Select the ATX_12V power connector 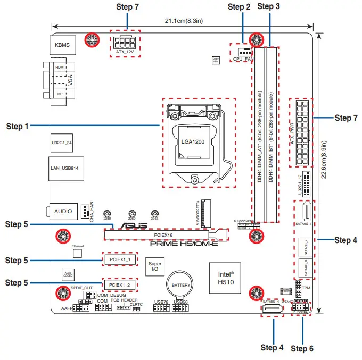(x=126, y=42)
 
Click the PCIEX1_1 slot (x=120, y=259)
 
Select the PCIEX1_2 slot (x=120, y=284)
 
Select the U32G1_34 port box (x=63, y=142)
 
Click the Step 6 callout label (x=302, y=348)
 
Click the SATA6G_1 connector (x=306, y=214)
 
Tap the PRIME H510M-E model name (x=184, y=244)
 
